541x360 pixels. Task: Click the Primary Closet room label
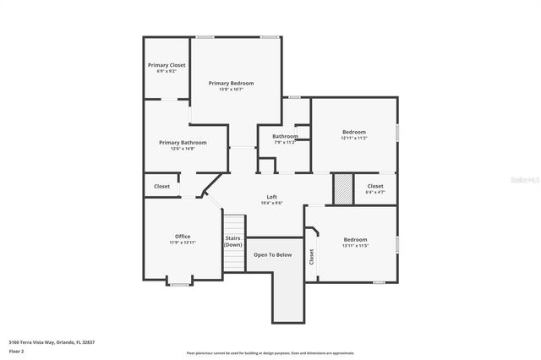[167, 65]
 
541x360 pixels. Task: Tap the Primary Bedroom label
[232, 83]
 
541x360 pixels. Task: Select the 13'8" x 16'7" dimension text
[232, 90]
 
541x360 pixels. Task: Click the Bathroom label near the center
[285, 136]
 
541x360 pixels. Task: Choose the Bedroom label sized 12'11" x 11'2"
[354, 132]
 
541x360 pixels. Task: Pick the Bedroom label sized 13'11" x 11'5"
[355, 239]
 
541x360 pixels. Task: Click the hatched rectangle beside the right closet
[342, 188]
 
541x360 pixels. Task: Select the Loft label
[272, 197]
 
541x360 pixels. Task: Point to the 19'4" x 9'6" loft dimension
[272, 203]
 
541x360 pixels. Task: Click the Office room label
[183, 236]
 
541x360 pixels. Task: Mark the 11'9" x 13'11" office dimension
[183, 243]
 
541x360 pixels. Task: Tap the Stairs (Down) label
[233, 241]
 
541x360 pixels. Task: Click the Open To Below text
[273, 254]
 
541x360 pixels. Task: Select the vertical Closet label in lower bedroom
[311, 258]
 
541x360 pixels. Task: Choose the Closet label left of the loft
[161, 186]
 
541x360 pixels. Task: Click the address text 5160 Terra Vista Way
[51, 342]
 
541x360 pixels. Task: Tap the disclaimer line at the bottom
[270, 352]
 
